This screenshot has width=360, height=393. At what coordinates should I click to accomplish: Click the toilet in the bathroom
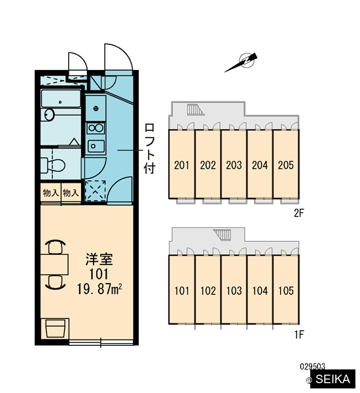click(x=53, y=165)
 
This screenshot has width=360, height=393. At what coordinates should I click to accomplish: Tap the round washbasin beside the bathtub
click(x=49, y=115)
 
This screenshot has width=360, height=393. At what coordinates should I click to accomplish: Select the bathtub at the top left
click(x=61, y=98)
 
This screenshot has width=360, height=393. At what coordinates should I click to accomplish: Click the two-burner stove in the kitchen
click(x=96, y=128)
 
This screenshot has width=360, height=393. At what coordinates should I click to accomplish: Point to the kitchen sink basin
click(x=96, y=146)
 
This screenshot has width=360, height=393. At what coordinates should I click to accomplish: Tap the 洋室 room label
click(x=99, y=259)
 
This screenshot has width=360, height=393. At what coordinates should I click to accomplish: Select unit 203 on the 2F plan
click(x=234, y=164)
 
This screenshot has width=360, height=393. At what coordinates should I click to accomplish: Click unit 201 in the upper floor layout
click(x=181, y=164)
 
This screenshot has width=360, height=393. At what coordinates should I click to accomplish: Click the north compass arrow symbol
click(x=241, y=63)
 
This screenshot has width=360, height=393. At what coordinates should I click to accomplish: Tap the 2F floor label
click(x=298, y=213)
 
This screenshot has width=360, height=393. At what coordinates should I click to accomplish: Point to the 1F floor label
click(x=299, y=334)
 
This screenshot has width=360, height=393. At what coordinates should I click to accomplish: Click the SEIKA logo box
click(x=333, y=379)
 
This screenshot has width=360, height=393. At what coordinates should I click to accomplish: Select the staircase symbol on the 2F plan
click(x=196, y=110)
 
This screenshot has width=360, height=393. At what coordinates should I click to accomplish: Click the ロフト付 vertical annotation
click(x=149, y=149)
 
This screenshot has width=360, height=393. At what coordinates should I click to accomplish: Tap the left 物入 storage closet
click(x=51, y=193)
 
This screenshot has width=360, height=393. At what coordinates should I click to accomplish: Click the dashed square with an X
click(x=96, y=191)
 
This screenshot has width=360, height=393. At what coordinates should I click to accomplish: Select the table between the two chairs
click(x=54, y=265)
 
